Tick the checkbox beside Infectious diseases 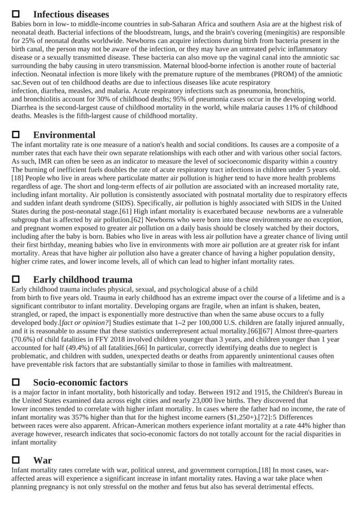click(16, 14)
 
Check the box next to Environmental click(16, 135)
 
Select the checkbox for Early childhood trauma click(16, 279)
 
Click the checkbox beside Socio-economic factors click(16, 382)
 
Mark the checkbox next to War click(16, 460)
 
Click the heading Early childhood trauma click(83, 279)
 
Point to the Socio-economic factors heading click(80, 382)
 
